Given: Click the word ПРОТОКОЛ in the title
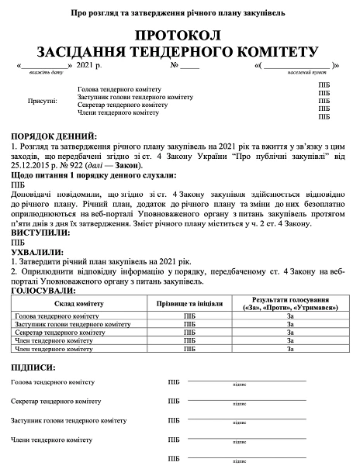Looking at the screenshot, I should [178, 36].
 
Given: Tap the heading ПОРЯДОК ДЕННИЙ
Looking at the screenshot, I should [54, 136].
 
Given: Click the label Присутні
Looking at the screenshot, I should [43, 101].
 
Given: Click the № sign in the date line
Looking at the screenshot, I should [175, 64].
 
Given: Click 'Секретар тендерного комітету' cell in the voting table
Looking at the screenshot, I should [62, 332].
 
